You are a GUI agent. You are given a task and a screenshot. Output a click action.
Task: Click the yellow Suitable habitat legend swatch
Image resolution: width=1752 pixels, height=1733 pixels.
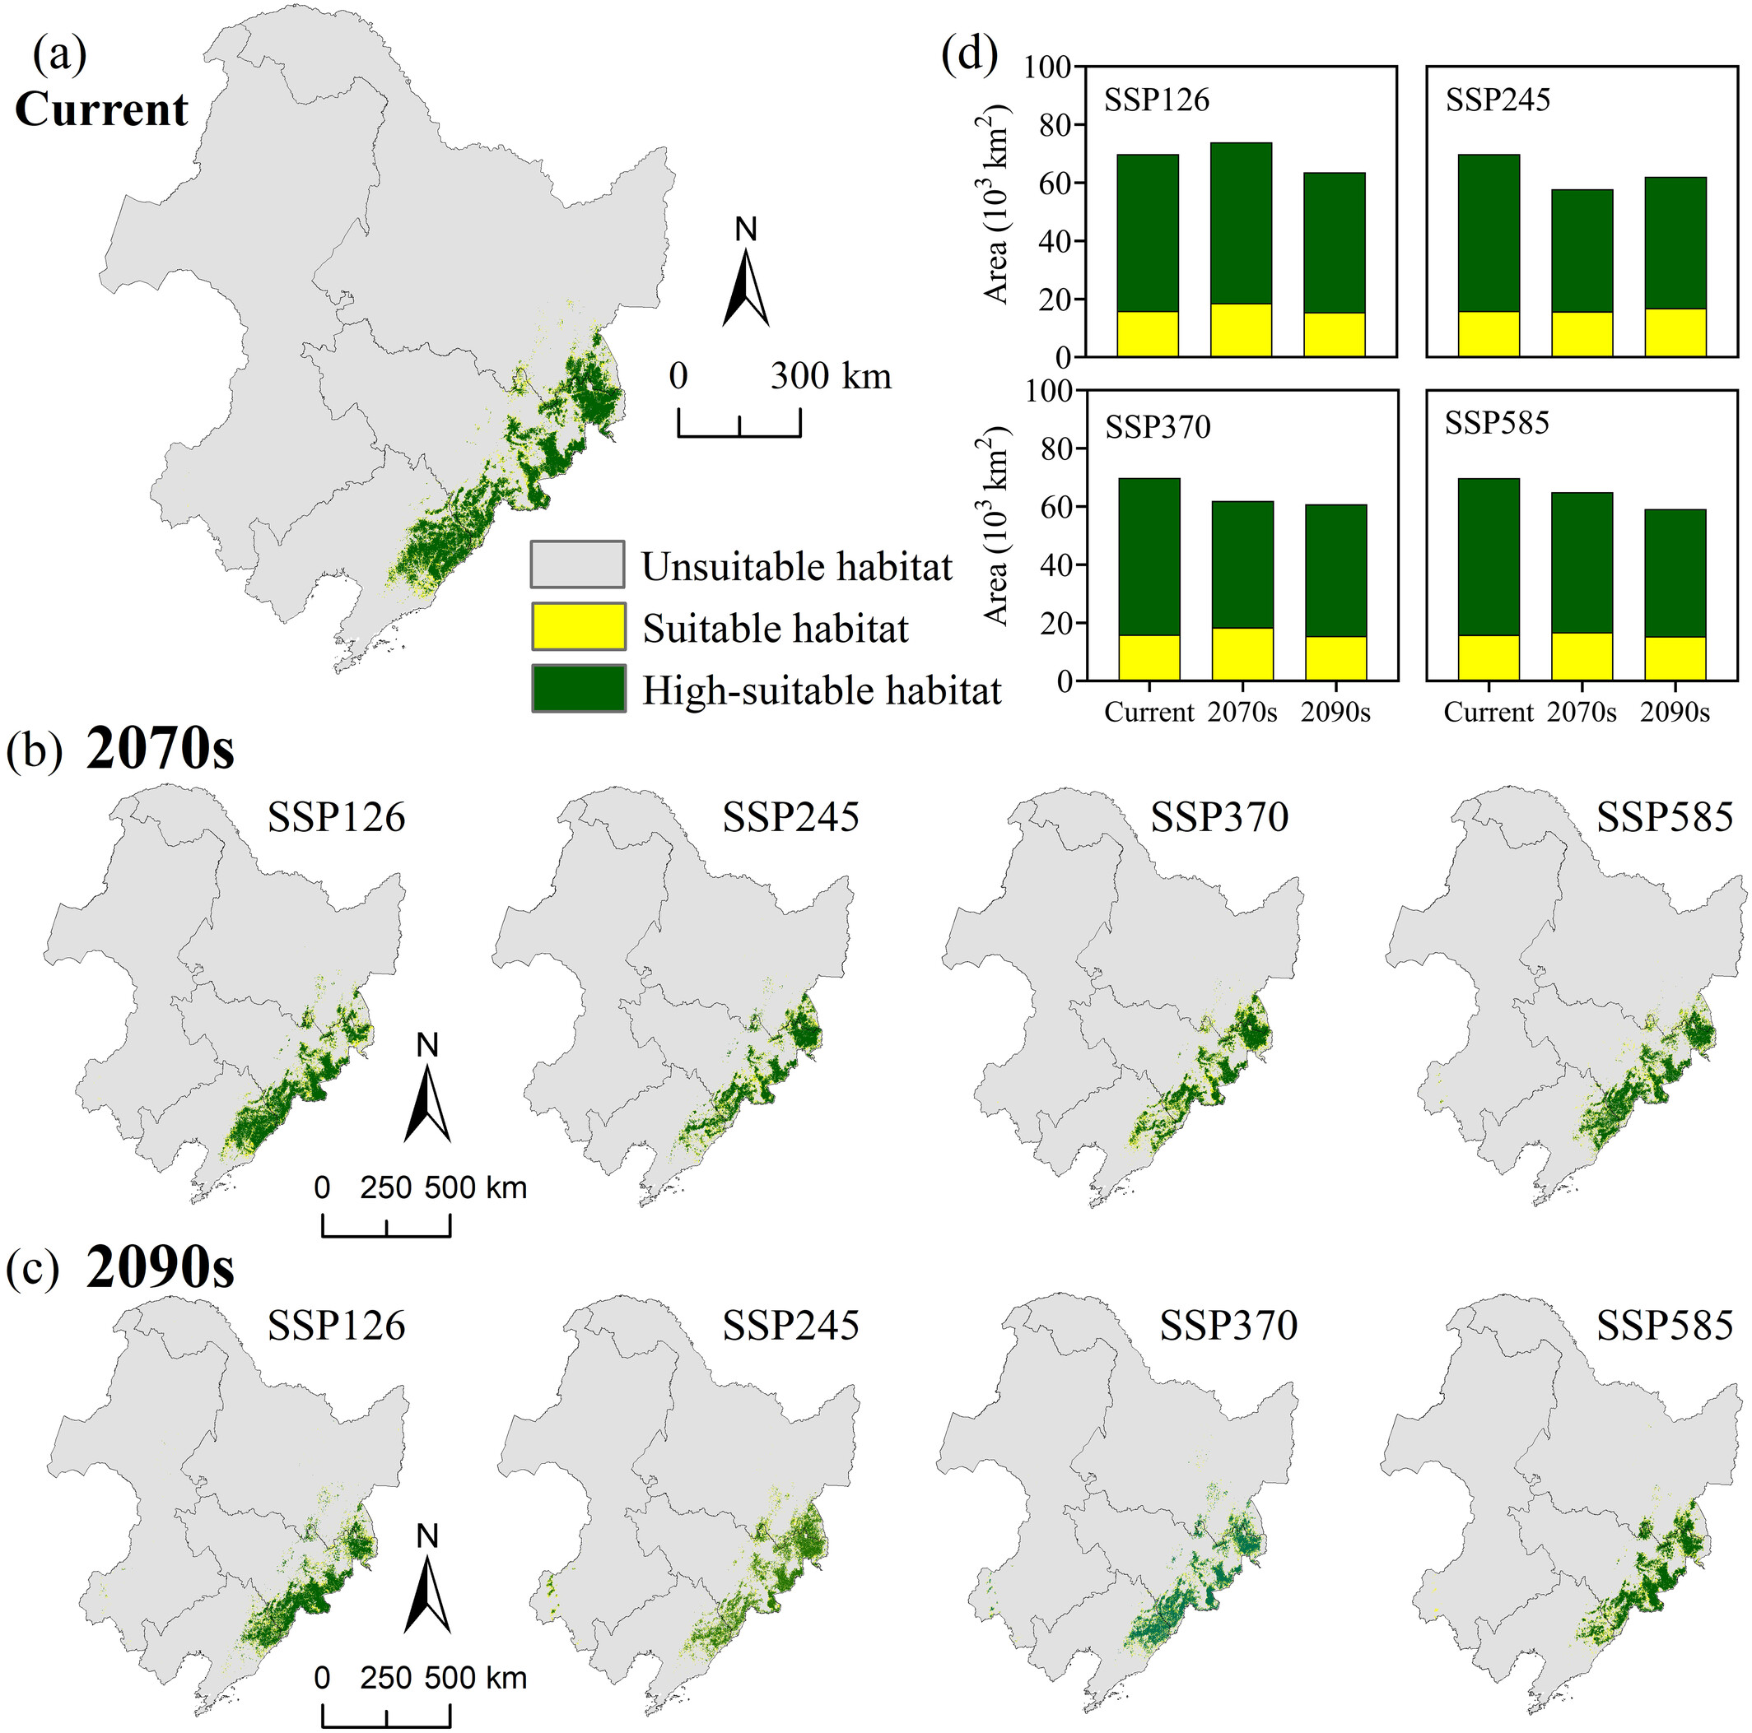click(578, 626)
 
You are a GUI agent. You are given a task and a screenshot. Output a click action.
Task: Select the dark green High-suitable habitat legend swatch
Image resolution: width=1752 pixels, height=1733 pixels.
click(578, 689)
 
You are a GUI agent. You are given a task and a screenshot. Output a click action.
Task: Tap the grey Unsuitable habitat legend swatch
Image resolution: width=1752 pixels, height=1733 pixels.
click(578, 565)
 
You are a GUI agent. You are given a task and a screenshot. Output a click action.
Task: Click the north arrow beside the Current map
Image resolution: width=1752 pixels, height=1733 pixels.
click(745, 276)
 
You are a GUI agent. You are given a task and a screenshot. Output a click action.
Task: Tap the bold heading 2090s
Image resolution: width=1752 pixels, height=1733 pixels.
click(160, 1270)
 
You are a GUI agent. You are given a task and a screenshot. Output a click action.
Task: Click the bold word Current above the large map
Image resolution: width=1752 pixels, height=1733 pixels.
click(101, 110)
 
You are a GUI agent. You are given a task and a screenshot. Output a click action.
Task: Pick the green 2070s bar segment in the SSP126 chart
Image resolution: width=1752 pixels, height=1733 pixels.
click(1241, 223)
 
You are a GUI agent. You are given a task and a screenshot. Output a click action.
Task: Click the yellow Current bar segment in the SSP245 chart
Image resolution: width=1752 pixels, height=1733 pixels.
click(1489, 333)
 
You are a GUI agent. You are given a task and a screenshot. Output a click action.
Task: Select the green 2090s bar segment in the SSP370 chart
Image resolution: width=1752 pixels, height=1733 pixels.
click(1335, 570)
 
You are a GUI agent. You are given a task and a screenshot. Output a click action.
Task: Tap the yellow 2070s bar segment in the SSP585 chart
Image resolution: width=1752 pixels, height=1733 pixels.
click(1582, 656)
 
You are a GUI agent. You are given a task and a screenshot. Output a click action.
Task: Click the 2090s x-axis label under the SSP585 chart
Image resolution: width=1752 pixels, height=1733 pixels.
click(1674, 713)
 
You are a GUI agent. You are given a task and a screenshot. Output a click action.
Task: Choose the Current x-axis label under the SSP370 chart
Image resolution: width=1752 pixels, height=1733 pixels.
click(1149, 713)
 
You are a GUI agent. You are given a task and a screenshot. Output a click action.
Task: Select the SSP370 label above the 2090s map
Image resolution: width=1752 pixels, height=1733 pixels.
click(1228, 1326)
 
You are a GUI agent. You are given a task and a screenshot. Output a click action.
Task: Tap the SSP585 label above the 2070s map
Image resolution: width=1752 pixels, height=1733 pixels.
click(1664, 818)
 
